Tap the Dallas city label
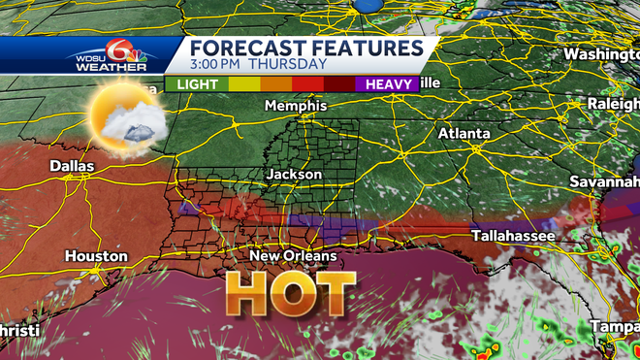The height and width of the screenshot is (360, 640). [x=73, y=167]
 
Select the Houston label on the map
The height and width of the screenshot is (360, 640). [x=96, y=256]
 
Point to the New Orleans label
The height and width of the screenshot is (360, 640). [x=293, y=256]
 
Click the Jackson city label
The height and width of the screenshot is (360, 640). [x=294, y=174]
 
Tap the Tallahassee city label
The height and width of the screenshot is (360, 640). [x=513, y=236]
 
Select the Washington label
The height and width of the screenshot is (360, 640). [x=601, y=53]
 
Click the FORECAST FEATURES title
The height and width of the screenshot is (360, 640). [x=305, y=49]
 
